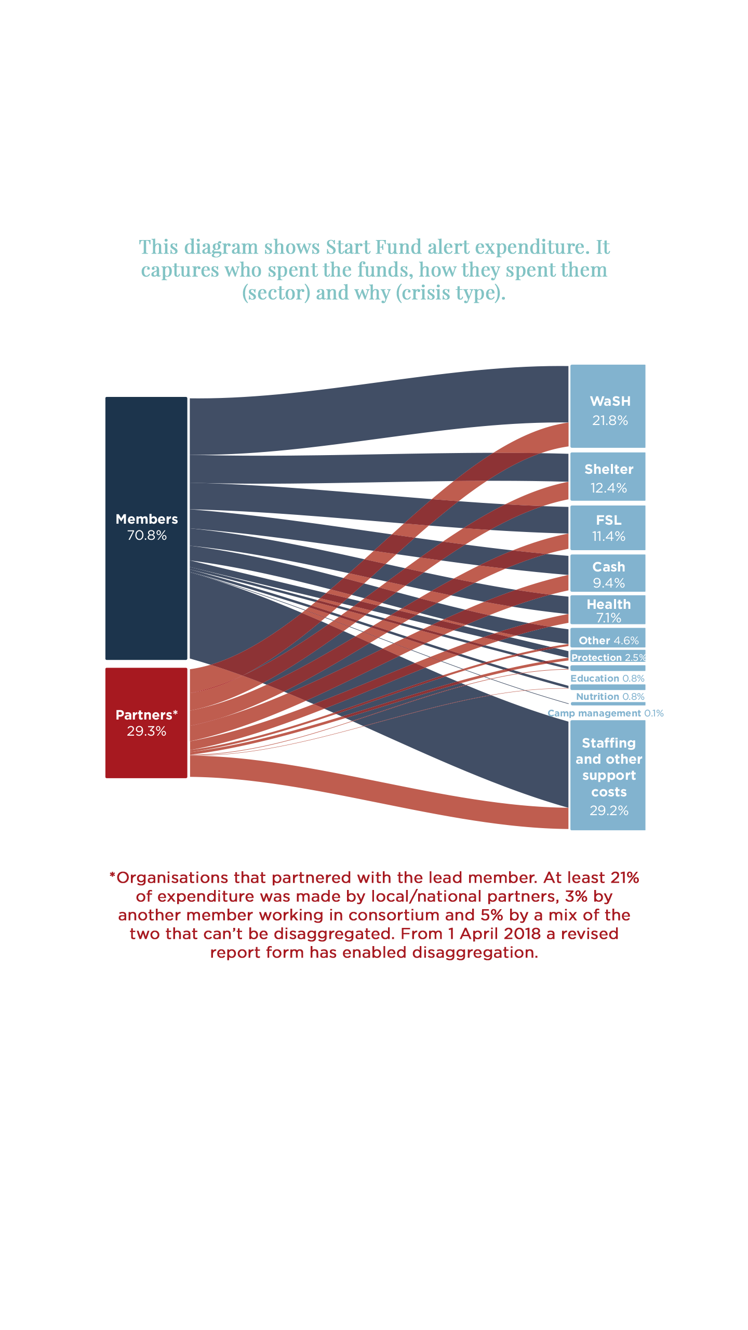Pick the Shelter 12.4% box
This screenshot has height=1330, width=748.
(608, 476)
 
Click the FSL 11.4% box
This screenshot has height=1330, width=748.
(608, 528)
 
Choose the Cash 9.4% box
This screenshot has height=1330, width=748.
(608, 574)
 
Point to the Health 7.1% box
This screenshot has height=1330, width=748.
(608, 609)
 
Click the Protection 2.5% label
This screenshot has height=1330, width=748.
(608, 657)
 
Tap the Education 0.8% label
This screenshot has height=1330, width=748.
(607, 678)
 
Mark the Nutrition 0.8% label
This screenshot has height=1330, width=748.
(610, 696)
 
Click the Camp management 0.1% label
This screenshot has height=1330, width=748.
(605, 713)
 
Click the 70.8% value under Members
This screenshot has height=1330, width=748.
(147, 535)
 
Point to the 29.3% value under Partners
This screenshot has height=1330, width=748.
(146, 731)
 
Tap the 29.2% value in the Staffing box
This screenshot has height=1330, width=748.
(609, 810)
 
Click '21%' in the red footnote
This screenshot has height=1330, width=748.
(624, 877)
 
